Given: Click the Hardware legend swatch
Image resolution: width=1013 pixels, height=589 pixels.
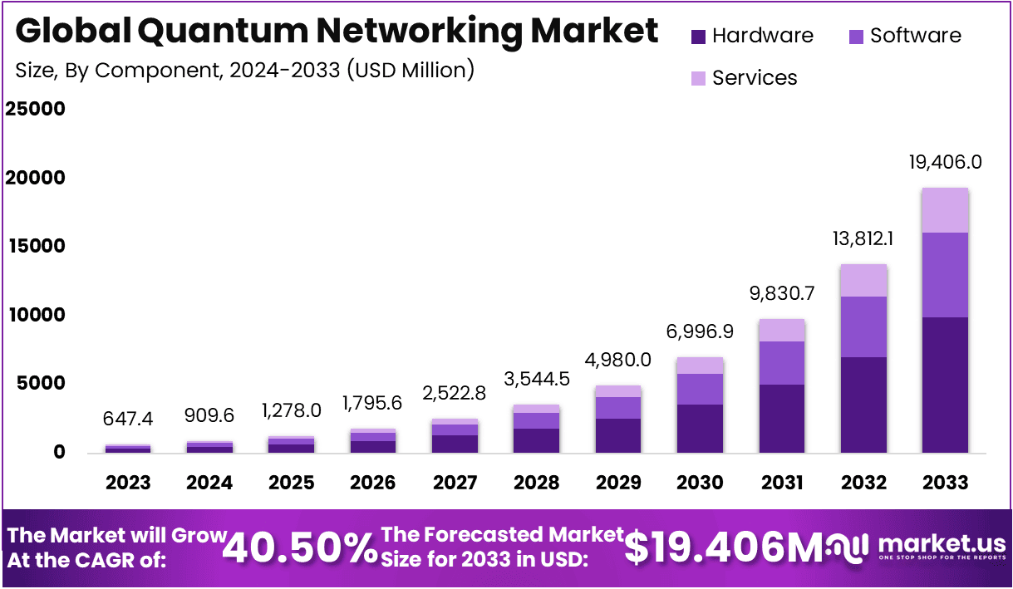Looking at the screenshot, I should click(698, 37).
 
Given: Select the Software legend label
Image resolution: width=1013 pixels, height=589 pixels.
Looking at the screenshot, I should click(915, 36).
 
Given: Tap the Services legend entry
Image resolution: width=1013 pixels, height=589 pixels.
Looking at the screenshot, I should click(754, 78).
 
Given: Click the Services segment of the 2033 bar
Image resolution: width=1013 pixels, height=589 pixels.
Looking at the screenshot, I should click(945, 210).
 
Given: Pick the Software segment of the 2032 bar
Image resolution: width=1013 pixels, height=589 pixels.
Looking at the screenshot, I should click(863, 326).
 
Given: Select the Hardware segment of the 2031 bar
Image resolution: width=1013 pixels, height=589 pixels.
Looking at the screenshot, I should click(782, 418).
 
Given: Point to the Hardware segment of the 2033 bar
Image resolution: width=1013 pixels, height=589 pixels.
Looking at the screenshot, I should click(945, 385).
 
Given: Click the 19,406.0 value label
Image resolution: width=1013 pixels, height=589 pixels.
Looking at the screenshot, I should click(945, 162).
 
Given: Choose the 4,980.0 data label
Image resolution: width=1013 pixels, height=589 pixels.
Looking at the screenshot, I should click(618, 360).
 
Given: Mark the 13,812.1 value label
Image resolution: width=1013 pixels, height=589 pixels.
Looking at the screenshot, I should click(863, 238).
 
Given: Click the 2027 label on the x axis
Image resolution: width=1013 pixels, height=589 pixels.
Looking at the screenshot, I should click(455, 483).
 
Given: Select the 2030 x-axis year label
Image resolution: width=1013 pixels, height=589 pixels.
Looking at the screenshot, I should click(700, 483).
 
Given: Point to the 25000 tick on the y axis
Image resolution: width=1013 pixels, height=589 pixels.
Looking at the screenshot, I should click(36, 110).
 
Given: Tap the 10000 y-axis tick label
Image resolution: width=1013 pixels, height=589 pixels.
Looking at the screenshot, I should click(36, 316).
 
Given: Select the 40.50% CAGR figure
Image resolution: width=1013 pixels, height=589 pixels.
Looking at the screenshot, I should click(300, 547).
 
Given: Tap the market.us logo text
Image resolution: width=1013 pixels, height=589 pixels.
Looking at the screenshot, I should click(942, 544).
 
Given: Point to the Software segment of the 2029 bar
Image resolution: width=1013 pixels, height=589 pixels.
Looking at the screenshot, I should click(618, 408).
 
